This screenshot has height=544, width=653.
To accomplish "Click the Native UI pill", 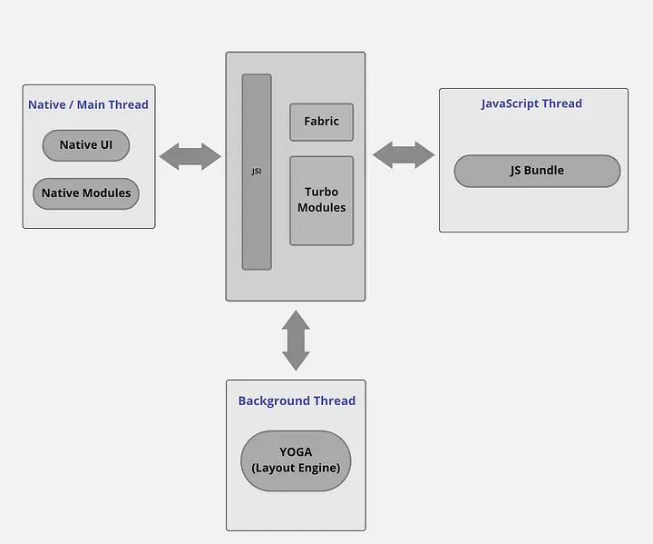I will [x=86, y=145].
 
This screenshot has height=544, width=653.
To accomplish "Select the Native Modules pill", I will [x=86, y=193].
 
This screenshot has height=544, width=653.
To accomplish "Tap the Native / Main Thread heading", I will [x=88, y=104].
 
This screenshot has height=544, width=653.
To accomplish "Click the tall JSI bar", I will [x=257, y=172].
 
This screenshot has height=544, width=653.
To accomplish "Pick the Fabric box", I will [x=321, y=122].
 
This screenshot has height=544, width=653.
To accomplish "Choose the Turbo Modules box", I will [x=321, y=200].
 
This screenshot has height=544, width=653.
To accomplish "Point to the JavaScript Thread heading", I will [x=531, y=104].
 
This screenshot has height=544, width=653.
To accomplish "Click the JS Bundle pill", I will [x=537, y=171].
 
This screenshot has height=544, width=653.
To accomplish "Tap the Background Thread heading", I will [x=297, y=401].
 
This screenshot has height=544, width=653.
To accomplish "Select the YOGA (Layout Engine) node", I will [x=297, y=460].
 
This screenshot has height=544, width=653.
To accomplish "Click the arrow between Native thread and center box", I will [x=190, y=156].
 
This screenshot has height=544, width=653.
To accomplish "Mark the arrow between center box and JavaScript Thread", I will [x=404, y=154].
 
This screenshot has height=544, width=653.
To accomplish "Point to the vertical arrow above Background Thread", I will [x=296, y=341].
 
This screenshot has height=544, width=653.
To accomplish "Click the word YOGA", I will [x=296, y=452].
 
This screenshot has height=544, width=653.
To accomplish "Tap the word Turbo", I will [x=321, y=193].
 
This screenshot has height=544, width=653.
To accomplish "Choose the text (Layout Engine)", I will [x=297, y=469].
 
